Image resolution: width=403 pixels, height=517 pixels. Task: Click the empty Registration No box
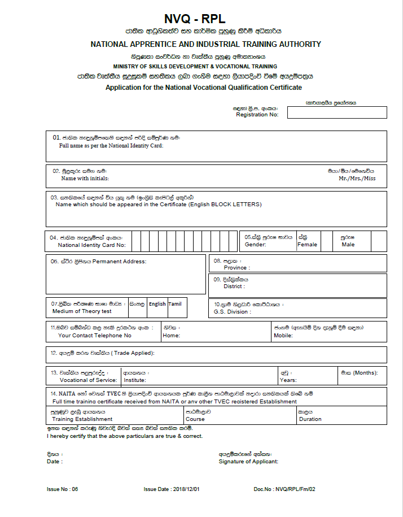[337, 112]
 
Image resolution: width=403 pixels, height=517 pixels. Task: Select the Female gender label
[308, 245]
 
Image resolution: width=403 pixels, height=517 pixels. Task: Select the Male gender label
[348, 245]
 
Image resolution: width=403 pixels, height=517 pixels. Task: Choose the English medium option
[157, 304]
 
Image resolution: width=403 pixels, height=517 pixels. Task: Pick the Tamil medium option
[175, 304]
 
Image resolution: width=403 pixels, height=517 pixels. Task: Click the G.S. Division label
[231, 311]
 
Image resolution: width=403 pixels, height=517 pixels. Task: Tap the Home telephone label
[171, 335]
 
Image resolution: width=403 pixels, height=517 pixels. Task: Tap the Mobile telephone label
[284, 335]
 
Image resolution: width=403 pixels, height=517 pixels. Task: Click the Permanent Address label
[119, 262]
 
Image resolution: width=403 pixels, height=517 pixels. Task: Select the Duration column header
[310, 419]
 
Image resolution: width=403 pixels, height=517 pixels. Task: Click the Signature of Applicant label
[248, 462]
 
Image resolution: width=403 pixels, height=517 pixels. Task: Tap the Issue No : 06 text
[62, 489]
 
